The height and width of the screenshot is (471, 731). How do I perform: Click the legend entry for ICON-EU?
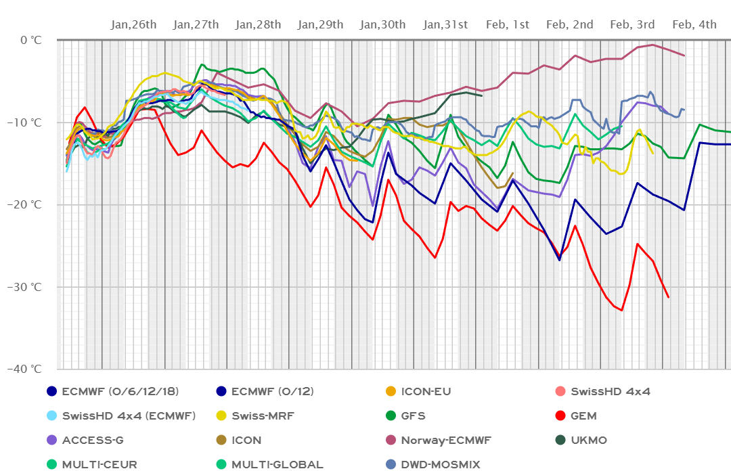click(426, 391)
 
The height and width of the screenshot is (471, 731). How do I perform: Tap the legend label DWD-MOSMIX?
click(441, 464)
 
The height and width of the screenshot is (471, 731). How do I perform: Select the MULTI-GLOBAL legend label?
click(277, 464)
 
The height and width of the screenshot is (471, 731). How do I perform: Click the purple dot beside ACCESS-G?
click(51, 440)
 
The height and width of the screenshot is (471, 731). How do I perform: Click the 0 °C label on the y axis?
click(32, 40)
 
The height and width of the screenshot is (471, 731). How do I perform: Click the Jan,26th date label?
click(133, 25)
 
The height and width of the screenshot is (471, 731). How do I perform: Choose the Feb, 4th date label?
click(694, 25)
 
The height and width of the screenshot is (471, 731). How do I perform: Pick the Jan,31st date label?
click(445, 25)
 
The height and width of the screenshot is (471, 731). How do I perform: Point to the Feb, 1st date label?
click(507, 25)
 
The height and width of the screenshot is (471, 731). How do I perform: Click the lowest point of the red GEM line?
click(621, 311)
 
